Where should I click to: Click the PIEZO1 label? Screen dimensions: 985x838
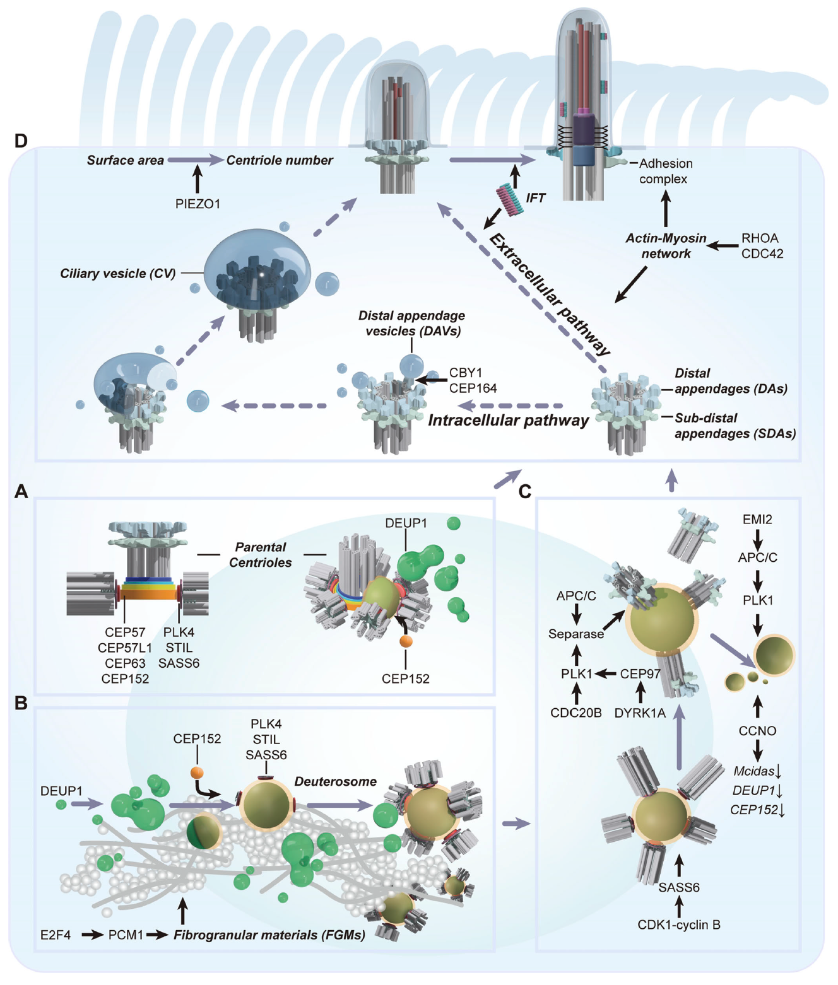point(198,204)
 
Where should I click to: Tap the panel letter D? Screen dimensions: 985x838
point(21,140)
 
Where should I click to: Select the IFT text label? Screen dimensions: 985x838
point(535,198)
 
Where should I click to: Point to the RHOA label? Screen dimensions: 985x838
point(760,238)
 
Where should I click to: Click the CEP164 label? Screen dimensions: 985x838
point(473,388)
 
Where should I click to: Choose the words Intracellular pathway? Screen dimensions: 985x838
point(508,421)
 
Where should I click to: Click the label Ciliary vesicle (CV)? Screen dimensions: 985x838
point(117,274)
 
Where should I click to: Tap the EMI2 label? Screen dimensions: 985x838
point(757,520)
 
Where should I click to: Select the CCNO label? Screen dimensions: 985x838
point(757,731)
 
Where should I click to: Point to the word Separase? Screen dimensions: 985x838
point(575,634)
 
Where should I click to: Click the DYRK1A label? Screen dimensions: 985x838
point(640,713)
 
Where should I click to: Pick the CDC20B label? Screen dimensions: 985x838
point(575,713)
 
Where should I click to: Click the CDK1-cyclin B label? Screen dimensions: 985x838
point(679,925)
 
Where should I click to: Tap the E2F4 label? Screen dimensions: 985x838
point(56,935)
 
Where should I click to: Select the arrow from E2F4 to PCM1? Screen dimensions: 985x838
point(92,935)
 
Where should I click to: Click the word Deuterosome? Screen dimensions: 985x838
point(335,781)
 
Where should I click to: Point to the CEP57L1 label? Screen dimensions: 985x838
point(125,648)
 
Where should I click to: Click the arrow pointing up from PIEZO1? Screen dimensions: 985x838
point(198,179)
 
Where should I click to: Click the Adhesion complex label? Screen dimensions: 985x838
point(665,171)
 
